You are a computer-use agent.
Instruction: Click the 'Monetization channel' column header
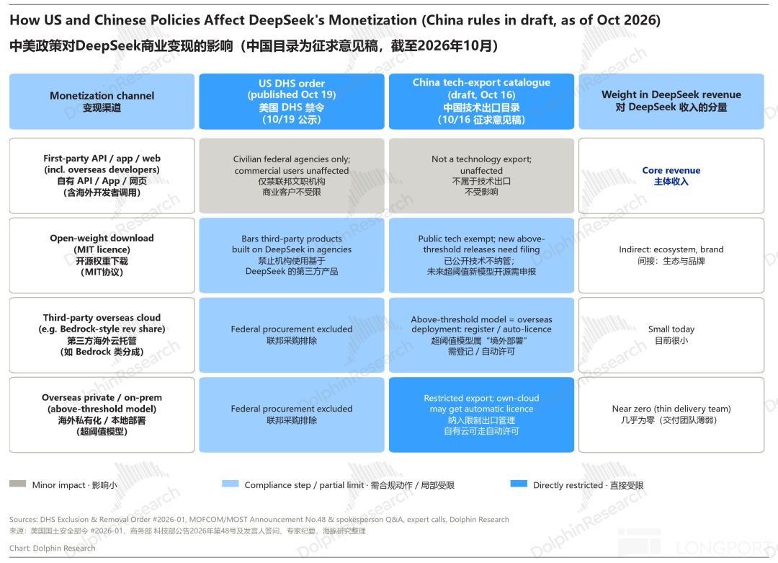tap(102, 101)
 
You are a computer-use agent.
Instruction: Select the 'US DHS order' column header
tap(292, 101)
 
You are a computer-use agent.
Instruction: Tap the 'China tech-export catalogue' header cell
tap(481, 101)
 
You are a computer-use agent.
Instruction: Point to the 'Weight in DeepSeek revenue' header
tap(671, 101)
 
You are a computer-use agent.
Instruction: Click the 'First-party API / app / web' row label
tap(102, 176)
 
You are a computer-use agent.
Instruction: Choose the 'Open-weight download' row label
tap(102, 255)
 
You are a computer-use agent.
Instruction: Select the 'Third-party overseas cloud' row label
tap(102, 335)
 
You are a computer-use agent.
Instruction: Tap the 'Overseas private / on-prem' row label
tap(102, 415)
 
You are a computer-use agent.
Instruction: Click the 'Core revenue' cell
tap(671, 176)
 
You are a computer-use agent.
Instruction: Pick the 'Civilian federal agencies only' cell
tap(292, 176)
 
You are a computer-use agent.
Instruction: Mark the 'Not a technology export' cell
tap(481, 176)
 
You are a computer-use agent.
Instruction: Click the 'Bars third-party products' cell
tap(292, 255)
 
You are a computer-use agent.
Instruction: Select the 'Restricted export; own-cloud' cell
tap(481, 415)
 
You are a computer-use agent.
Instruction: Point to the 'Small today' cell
tap(671, 335)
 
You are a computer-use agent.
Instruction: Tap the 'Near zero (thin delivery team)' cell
tap(671, 415)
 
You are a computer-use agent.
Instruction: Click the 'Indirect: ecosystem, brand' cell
tap(671, 255)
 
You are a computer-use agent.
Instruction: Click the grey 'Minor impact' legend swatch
tap(18, 484)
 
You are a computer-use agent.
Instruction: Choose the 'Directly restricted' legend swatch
tap(519, 484)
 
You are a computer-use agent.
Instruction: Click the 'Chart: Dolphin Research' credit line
tap(52, 548)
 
